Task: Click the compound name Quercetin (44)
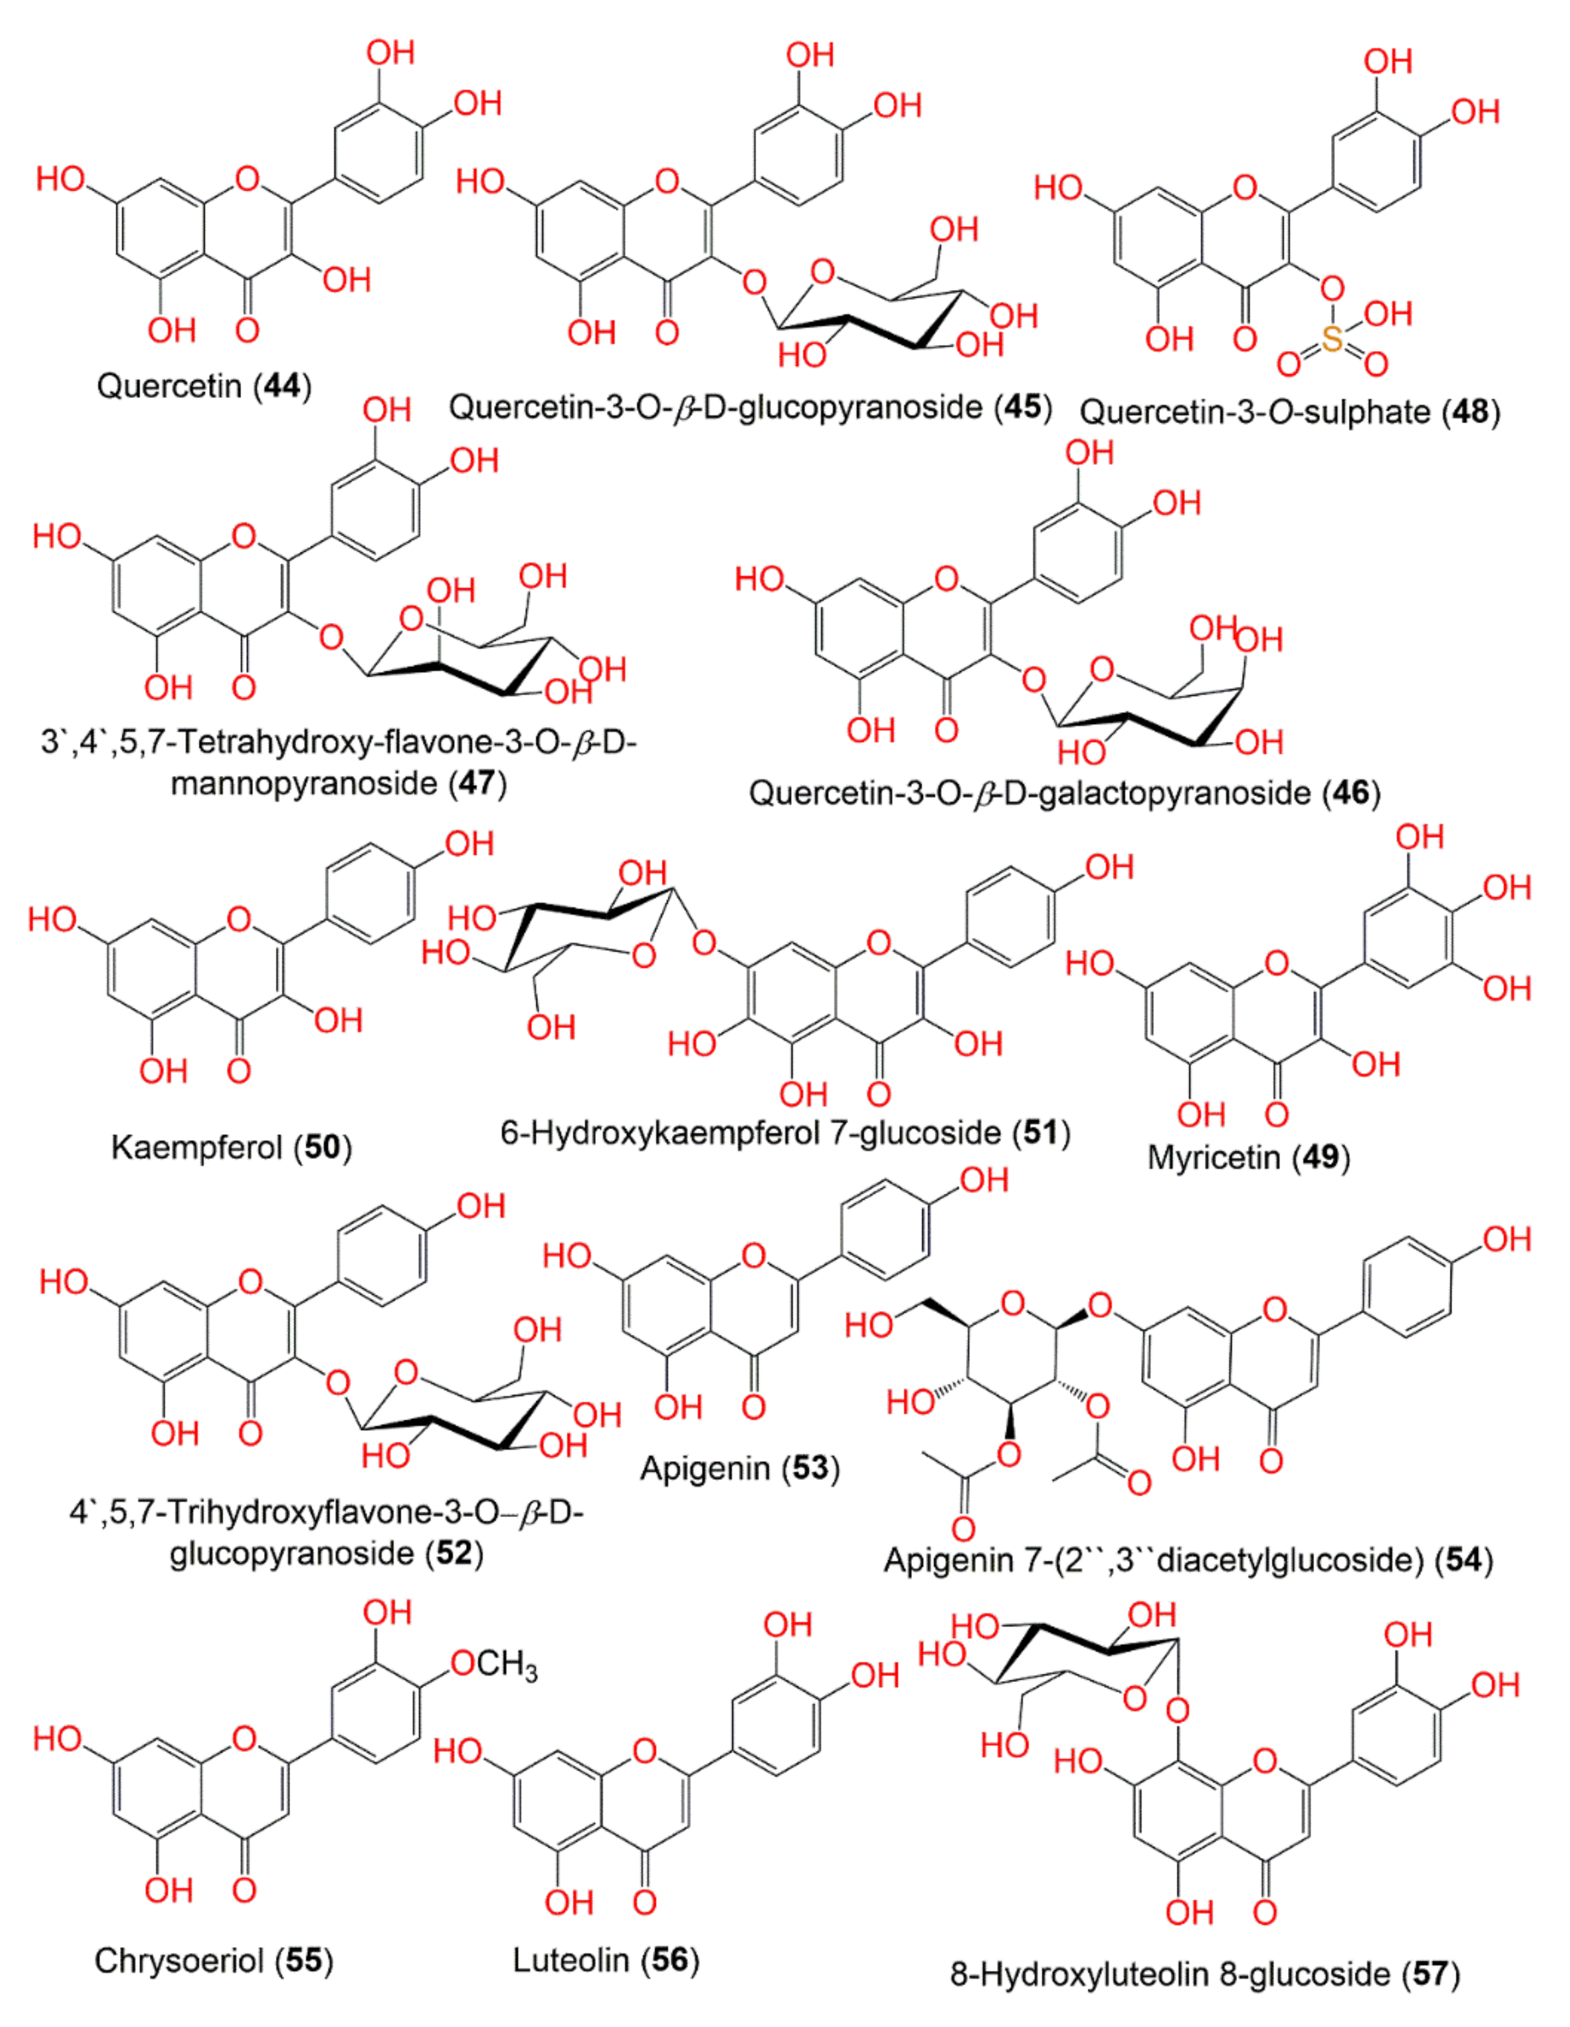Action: pos(204,385)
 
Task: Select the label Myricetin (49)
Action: pos(1248,1157)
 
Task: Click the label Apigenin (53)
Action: pos(740,1468)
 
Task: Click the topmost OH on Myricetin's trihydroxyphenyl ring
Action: pos(1420,837)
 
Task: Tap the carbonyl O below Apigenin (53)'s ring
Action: pos(753,1407)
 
